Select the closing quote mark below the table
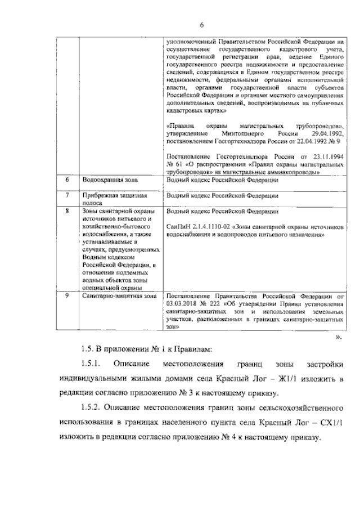[x=338, y=337]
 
